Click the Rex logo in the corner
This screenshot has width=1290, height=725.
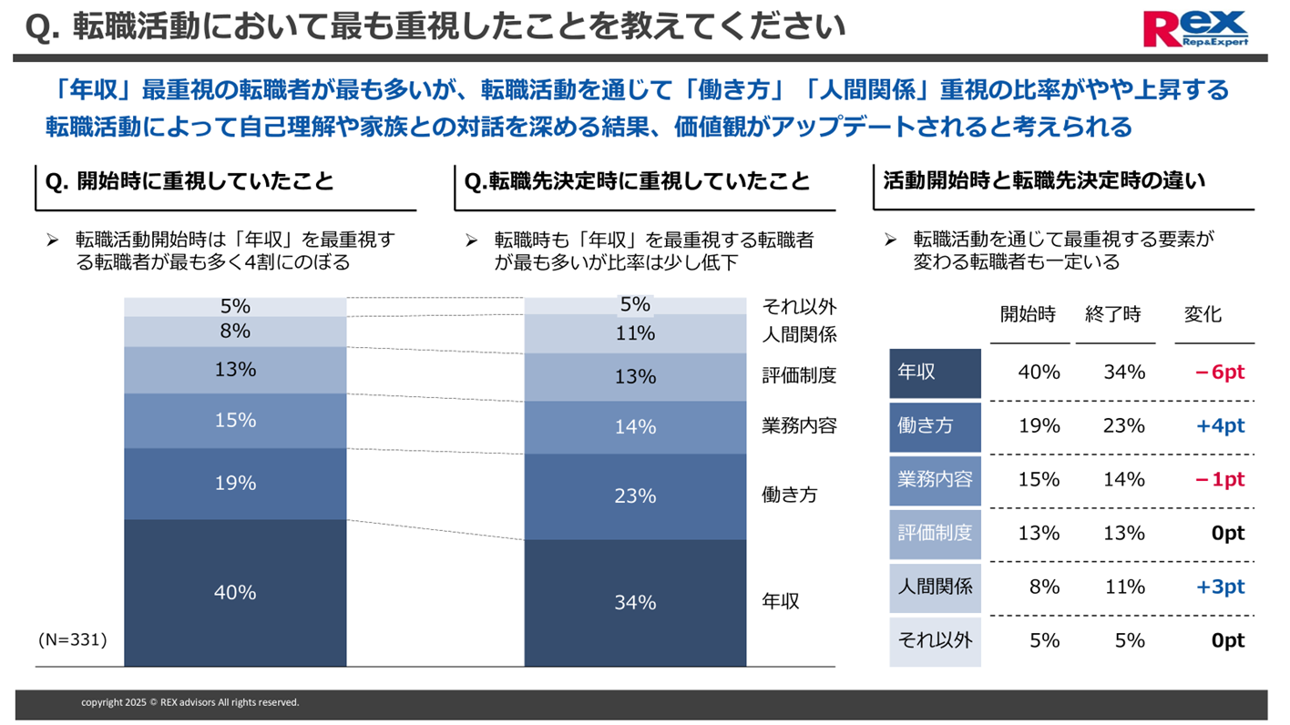point(1196,28)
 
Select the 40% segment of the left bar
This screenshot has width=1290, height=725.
point(235,592)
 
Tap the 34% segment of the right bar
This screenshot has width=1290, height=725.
point(635,602)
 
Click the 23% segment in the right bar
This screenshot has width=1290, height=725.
point(635,495)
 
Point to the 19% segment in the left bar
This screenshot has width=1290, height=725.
point(235,483)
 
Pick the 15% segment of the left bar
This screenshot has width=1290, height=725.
point(235,420)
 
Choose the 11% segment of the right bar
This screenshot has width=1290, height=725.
point(635,333)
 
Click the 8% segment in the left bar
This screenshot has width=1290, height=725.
point(235,332)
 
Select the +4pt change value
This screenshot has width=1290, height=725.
point(1220,426)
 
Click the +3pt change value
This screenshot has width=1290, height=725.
point(1220,587)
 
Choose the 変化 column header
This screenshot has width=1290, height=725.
point(1203,314)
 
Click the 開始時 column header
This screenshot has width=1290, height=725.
point(1028,314)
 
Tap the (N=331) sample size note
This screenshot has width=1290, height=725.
point(73,640)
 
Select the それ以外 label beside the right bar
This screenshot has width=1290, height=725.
point(798,306)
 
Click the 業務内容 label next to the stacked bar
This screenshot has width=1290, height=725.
point(798,425)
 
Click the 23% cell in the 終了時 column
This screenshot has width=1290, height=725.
point(1123,426)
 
